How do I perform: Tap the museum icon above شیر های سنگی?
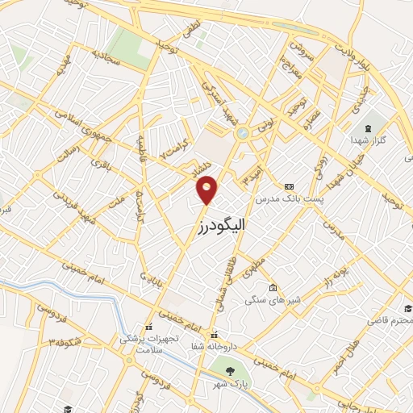273,288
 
